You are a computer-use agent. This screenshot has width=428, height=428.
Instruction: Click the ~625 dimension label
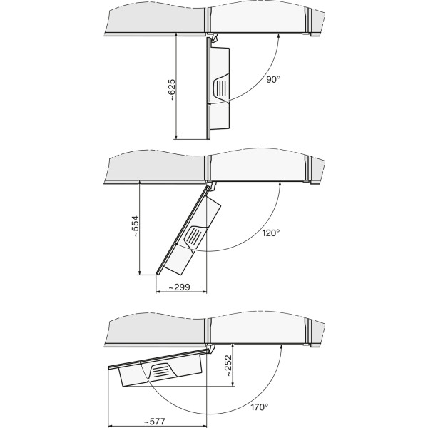tap(172, 90)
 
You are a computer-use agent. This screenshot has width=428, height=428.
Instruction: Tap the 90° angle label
tap(273, 80)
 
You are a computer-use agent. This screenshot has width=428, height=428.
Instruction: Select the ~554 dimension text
tap(136, 227)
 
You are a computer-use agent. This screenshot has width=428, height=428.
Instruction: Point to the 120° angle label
tap(271, 233)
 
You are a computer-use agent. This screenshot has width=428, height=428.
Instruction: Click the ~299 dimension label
tap(179, 287)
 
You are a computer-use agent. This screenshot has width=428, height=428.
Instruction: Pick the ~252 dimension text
tap(228, 365)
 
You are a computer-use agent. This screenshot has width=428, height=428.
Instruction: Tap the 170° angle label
tap(260, 407)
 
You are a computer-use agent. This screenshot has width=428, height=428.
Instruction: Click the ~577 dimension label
tap(154, 422)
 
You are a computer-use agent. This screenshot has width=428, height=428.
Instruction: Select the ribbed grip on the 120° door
tap(194, 235)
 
